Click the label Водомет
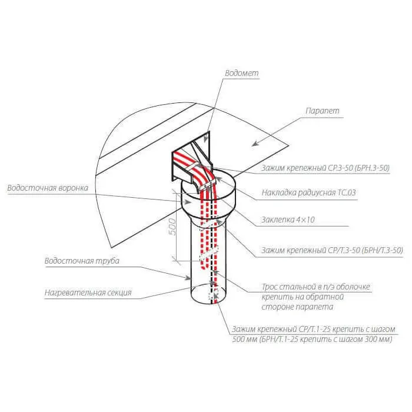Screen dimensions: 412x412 (242, 73)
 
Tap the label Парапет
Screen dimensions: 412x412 (323, 111)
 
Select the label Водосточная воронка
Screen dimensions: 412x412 (48, 188)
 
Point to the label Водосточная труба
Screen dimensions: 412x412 (82, 261)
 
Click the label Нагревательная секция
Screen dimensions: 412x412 (88, 293)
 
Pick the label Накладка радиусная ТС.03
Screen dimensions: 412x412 (309, 192)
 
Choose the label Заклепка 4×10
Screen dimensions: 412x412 (288, 220)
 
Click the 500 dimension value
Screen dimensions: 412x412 (172, 227)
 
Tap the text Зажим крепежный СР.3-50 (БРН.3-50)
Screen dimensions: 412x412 (325, 168)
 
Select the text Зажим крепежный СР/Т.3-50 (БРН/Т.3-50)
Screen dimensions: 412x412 (332, 250)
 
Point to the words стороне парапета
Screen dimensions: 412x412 (297, 307)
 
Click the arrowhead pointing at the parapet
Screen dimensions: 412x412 (254, 144)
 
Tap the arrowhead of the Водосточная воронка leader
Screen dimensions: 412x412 (188, 202)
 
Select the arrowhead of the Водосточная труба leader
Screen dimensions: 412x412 (188, 278)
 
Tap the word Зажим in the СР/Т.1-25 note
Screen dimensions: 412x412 (243, 330)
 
